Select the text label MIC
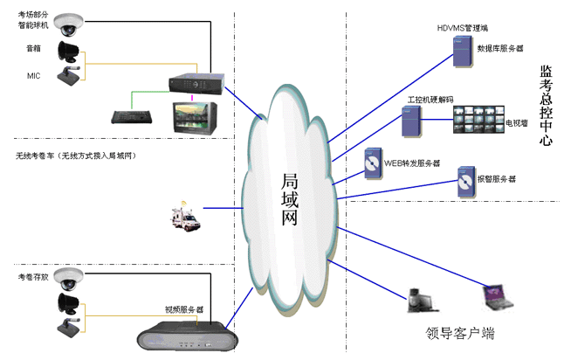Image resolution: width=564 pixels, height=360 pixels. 34,76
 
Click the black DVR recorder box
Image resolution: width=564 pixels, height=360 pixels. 197,81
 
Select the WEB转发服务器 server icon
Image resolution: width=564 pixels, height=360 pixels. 373,163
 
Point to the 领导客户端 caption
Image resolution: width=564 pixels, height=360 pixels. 460,332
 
